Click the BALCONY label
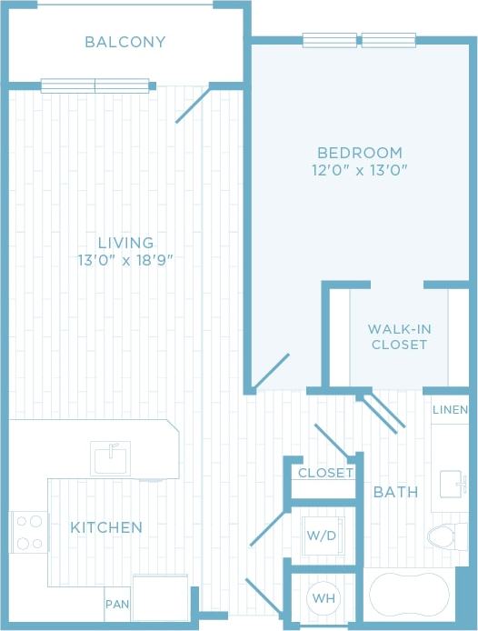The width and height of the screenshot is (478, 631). [x=125, y=42]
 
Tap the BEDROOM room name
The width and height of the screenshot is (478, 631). [x=360, y=153]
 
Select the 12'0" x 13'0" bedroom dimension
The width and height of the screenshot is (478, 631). [x=360, y=170]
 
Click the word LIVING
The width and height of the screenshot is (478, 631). [x=125, y=243]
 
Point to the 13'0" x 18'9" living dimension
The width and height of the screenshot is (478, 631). [x=125, y=260]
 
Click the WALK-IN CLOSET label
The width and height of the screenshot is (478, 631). [x=397, y=336]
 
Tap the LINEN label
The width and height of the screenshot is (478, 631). [x=451, y=410]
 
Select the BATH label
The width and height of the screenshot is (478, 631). [x=396, y=492]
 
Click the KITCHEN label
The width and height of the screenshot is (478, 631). [x=106, y=527]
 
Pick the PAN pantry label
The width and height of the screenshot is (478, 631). [x=116, y=604]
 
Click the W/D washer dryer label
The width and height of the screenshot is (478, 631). [x=321, y=536]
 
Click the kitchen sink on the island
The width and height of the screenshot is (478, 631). [x=111, y=457]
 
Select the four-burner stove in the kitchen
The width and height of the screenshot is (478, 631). [x=30, y=533]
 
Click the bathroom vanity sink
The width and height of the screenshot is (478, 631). [x=452, y=485]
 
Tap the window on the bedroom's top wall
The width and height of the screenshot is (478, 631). [x=359, y=40]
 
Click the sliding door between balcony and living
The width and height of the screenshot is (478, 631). [x=95, y=86]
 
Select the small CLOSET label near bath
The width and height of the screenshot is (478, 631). [x=324, y=473]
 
